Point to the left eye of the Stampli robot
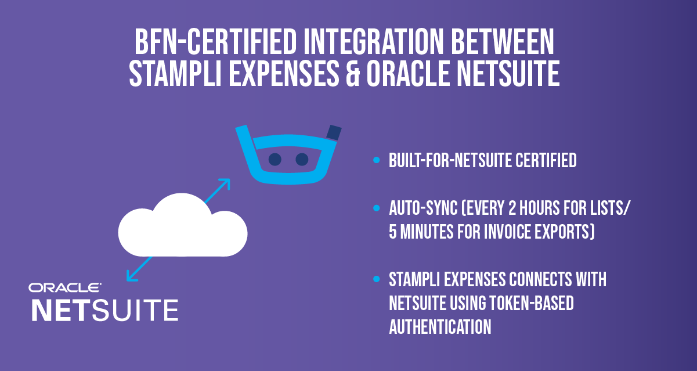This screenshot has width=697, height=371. [x=275, y=159]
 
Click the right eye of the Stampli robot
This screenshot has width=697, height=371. [x=302, y=159]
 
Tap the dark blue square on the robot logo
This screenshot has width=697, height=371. [x=334, y=132]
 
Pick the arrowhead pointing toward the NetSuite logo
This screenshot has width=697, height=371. [x=131, y=277]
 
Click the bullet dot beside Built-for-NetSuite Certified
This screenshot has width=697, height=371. [x=377, y=160]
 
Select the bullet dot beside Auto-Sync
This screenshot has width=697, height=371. [x=377, y=207]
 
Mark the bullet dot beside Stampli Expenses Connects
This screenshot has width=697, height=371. [x=377, y=279]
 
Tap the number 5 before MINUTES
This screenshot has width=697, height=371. [x=393, y=232]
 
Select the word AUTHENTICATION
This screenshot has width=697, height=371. [x=440, y=327]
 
